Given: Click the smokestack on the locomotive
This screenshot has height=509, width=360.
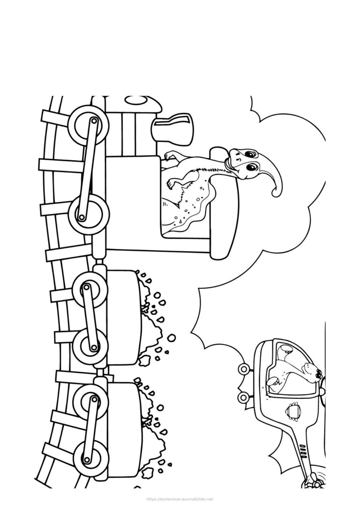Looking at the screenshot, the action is pyautogui.click(x=172, y=127).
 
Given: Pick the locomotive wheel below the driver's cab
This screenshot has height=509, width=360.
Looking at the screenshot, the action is pyautogui.click(x=88, y=213).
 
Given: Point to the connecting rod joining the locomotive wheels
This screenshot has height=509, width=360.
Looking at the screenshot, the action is pyautogui.click(x=87, y=169).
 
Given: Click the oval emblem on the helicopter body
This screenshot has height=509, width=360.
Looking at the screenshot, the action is pyautogui.click(x=292, y=412).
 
